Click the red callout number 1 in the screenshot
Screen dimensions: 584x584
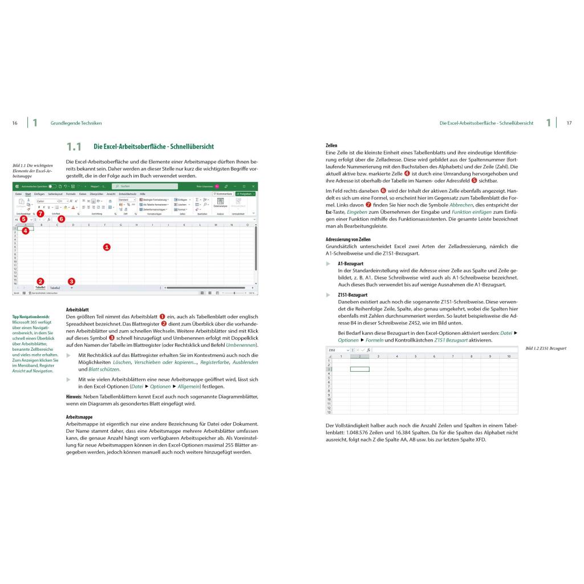[x=107, y=247]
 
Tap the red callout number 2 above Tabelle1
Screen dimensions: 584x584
[x=40, y=281]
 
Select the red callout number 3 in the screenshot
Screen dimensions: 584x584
[x=71, y=281]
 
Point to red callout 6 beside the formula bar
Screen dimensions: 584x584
[x=62, y=218]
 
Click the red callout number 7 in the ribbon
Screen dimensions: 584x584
[x=40, y=213]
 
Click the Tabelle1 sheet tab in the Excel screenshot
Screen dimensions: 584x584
[x=40, y=288]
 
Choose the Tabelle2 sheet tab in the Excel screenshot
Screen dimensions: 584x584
[x=55, y=288]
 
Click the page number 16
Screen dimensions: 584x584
[x=15, y=123]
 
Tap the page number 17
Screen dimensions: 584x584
[x=569, y=123]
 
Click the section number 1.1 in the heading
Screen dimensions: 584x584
[x=74, y=147]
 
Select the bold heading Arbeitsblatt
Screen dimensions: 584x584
[x=77, y=309]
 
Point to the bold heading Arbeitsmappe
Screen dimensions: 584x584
[x=79, y=417]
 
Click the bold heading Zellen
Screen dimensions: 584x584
[x=331, y=146]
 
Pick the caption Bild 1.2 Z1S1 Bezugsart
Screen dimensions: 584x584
[x=545, y=348]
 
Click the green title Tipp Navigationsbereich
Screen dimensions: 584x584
[x=31, y=317]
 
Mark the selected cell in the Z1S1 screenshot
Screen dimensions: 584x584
[x=359, y=369]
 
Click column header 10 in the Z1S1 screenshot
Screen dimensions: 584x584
[x=508, y=356]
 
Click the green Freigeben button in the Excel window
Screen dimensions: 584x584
[x=245, y=194]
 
